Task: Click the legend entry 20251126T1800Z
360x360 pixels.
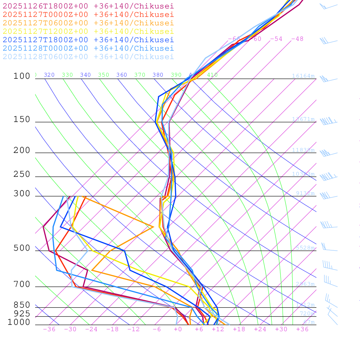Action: click(88, 6)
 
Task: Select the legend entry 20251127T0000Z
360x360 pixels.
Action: click(88, 14)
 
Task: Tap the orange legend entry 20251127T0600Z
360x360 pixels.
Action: click(88, 23)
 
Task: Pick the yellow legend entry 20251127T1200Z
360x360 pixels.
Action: click(88, 31)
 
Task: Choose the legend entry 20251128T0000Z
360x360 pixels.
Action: click(88, 48)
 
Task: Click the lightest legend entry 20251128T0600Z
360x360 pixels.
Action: click(88, 57)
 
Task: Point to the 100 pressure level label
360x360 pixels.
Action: click(22, 76)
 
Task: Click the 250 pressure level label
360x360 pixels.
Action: click(22, 174)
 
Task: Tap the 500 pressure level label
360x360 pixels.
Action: click(22, 248)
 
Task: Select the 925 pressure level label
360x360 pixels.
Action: click(22, 314)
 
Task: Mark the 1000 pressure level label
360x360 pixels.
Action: click(19, 322)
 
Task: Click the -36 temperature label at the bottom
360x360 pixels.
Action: click(49, 329)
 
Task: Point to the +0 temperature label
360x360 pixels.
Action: click(178, 329)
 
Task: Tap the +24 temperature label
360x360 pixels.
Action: click(260, 329)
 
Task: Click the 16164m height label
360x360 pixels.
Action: click(303, 76)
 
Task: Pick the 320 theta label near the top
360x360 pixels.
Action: click(49, 75)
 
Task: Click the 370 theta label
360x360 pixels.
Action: click(140, 75)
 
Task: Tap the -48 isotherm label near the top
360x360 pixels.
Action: click(297, 39)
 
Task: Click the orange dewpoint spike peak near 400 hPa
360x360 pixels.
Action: click(153, 227)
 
